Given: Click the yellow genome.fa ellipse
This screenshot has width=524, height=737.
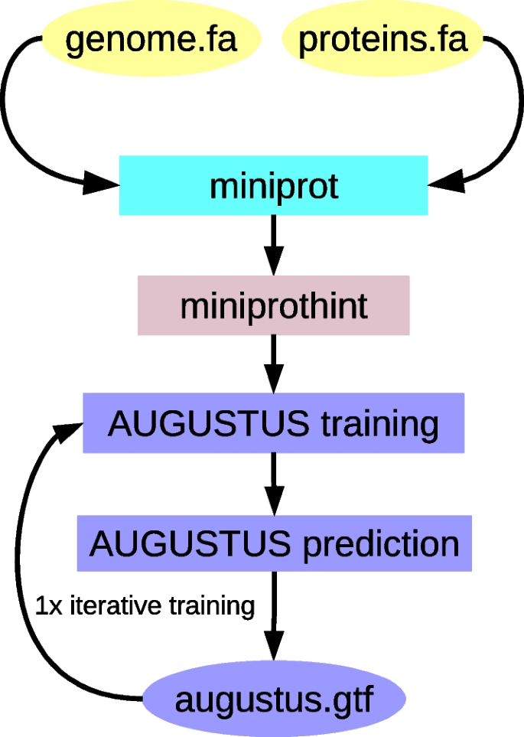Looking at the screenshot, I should (151, 39).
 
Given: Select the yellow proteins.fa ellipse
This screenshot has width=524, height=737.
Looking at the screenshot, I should (382, 39).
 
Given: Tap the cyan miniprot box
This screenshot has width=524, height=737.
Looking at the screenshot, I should (273, 185).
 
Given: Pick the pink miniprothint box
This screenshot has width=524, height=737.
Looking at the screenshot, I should (273, 306).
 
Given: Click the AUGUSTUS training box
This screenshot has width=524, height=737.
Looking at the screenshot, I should (273, 423).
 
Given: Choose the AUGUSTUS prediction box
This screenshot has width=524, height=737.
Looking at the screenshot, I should (273, 543).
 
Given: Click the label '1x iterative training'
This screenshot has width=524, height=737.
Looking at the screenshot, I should (145, 606).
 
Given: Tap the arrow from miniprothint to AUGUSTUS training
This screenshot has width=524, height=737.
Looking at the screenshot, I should (273, 364).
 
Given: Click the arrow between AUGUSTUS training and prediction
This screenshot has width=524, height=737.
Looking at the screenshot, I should (273, 484).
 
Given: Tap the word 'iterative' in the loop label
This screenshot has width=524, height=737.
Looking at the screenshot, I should (115, 606).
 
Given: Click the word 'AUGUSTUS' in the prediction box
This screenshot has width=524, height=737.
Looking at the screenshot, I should (190, 544).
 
